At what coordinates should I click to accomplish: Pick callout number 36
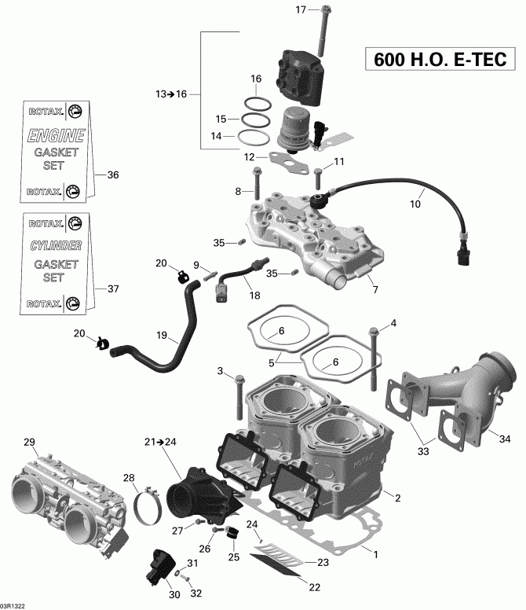[112, 175]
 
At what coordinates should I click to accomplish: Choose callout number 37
[112, 288]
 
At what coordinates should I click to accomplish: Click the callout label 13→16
[171, 94]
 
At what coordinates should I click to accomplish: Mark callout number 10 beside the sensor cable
[415, 204]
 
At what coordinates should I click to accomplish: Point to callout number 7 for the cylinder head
[374, 290]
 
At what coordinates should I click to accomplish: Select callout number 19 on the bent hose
[162, 336]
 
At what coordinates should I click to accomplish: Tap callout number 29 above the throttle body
[30, 442]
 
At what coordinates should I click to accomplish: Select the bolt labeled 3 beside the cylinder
[238, 399]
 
